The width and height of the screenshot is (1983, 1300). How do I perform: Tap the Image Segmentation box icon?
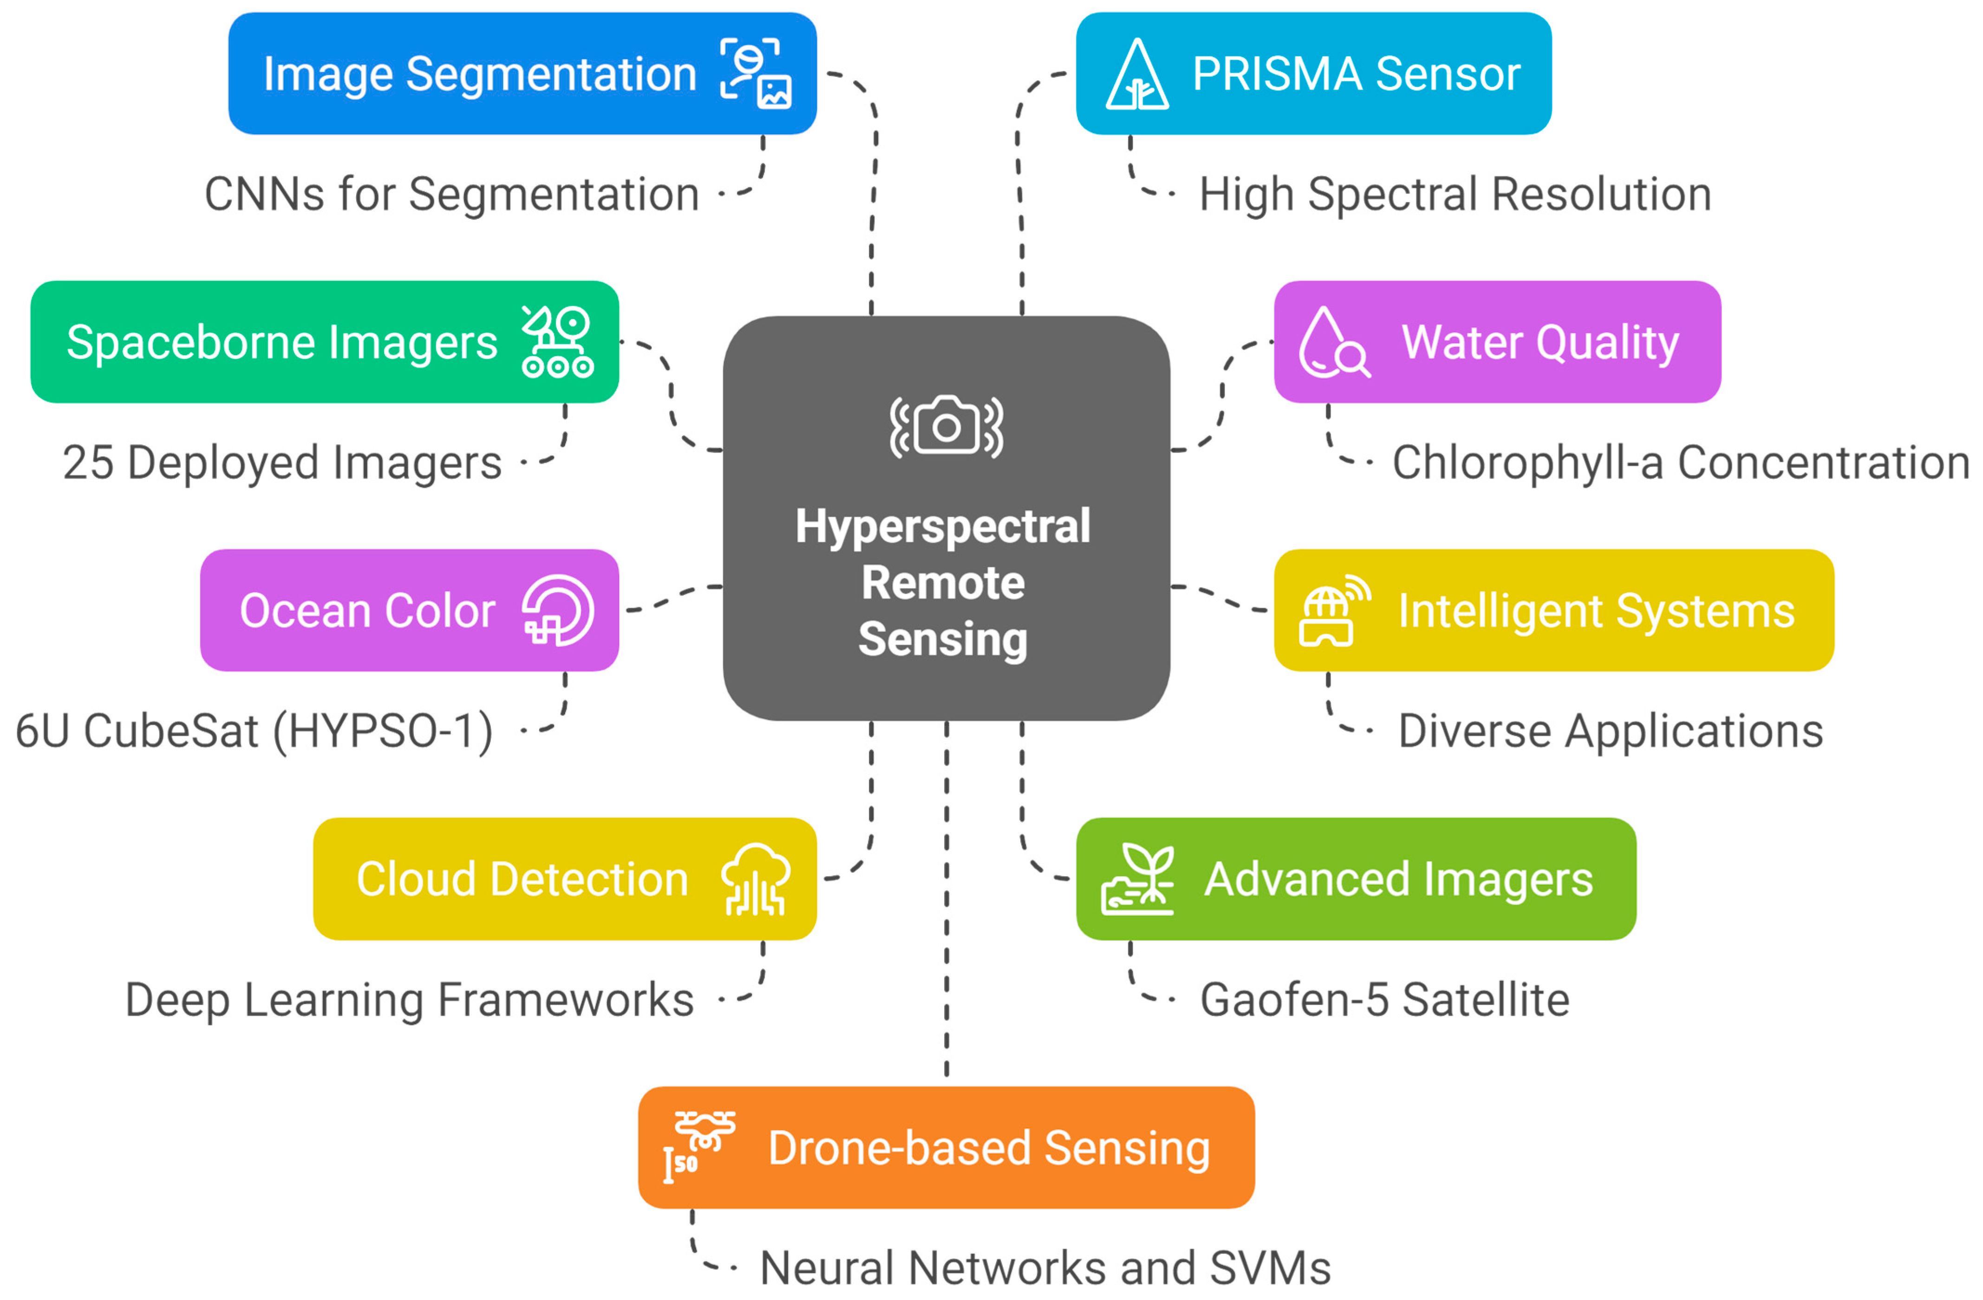[755, 73]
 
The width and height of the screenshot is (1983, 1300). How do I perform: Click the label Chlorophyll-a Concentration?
[1680, 463]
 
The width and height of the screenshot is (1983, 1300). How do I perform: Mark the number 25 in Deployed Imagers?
[88, 463]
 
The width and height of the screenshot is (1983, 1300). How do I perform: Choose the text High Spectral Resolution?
[1455, 195]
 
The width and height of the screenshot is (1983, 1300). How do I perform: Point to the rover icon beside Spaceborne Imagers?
[557, 342]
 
